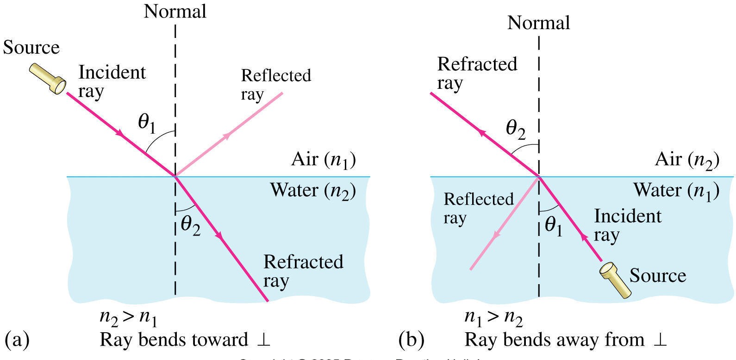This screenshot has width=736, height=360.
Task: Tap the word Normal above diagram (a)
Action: [175, 12]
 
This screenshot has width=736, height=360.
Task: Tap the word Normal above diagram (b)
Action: [539, 23]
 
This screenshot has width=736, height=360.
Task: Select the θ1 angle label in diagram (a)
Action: [147, 124]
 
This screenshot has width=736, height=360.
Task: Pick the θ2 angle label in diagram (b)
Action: [516, 130]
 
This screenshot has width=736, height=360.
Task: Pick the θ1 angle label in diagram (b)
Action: [554, 226]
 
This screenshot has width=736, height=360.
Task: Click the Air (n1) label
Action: [323, 160]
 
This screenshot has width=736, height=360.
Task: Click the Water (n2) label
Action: [313, 191]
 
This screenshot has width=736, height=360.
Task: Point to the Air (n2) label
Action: [687, 160]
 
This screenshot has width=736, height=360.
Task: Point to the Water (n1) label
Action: [676, 191]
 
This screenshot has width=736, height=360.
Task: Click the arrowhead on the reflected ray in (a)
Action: [227, 135]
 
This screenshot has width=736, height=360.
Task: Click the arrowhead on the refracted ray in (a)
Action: [220, 237]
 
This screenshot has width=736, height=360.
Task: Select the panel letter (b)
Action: [412, 340]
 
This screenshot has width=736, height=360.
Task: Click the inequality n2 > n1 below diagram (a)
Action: [128, 318]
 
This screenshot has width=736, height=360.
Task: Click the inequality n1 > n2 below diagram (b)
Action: [493, 318]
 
